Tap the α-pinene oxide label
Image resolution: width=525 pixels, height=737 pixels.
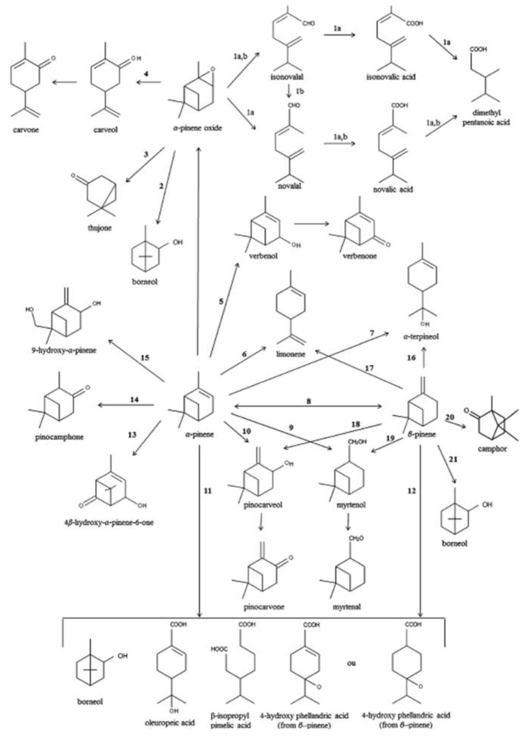pos(197,128)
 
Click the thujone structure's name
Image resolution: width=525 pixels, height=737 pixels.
pos(100,228)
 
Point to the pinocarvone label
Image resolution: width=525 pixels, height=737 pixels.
pos(264,607)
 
